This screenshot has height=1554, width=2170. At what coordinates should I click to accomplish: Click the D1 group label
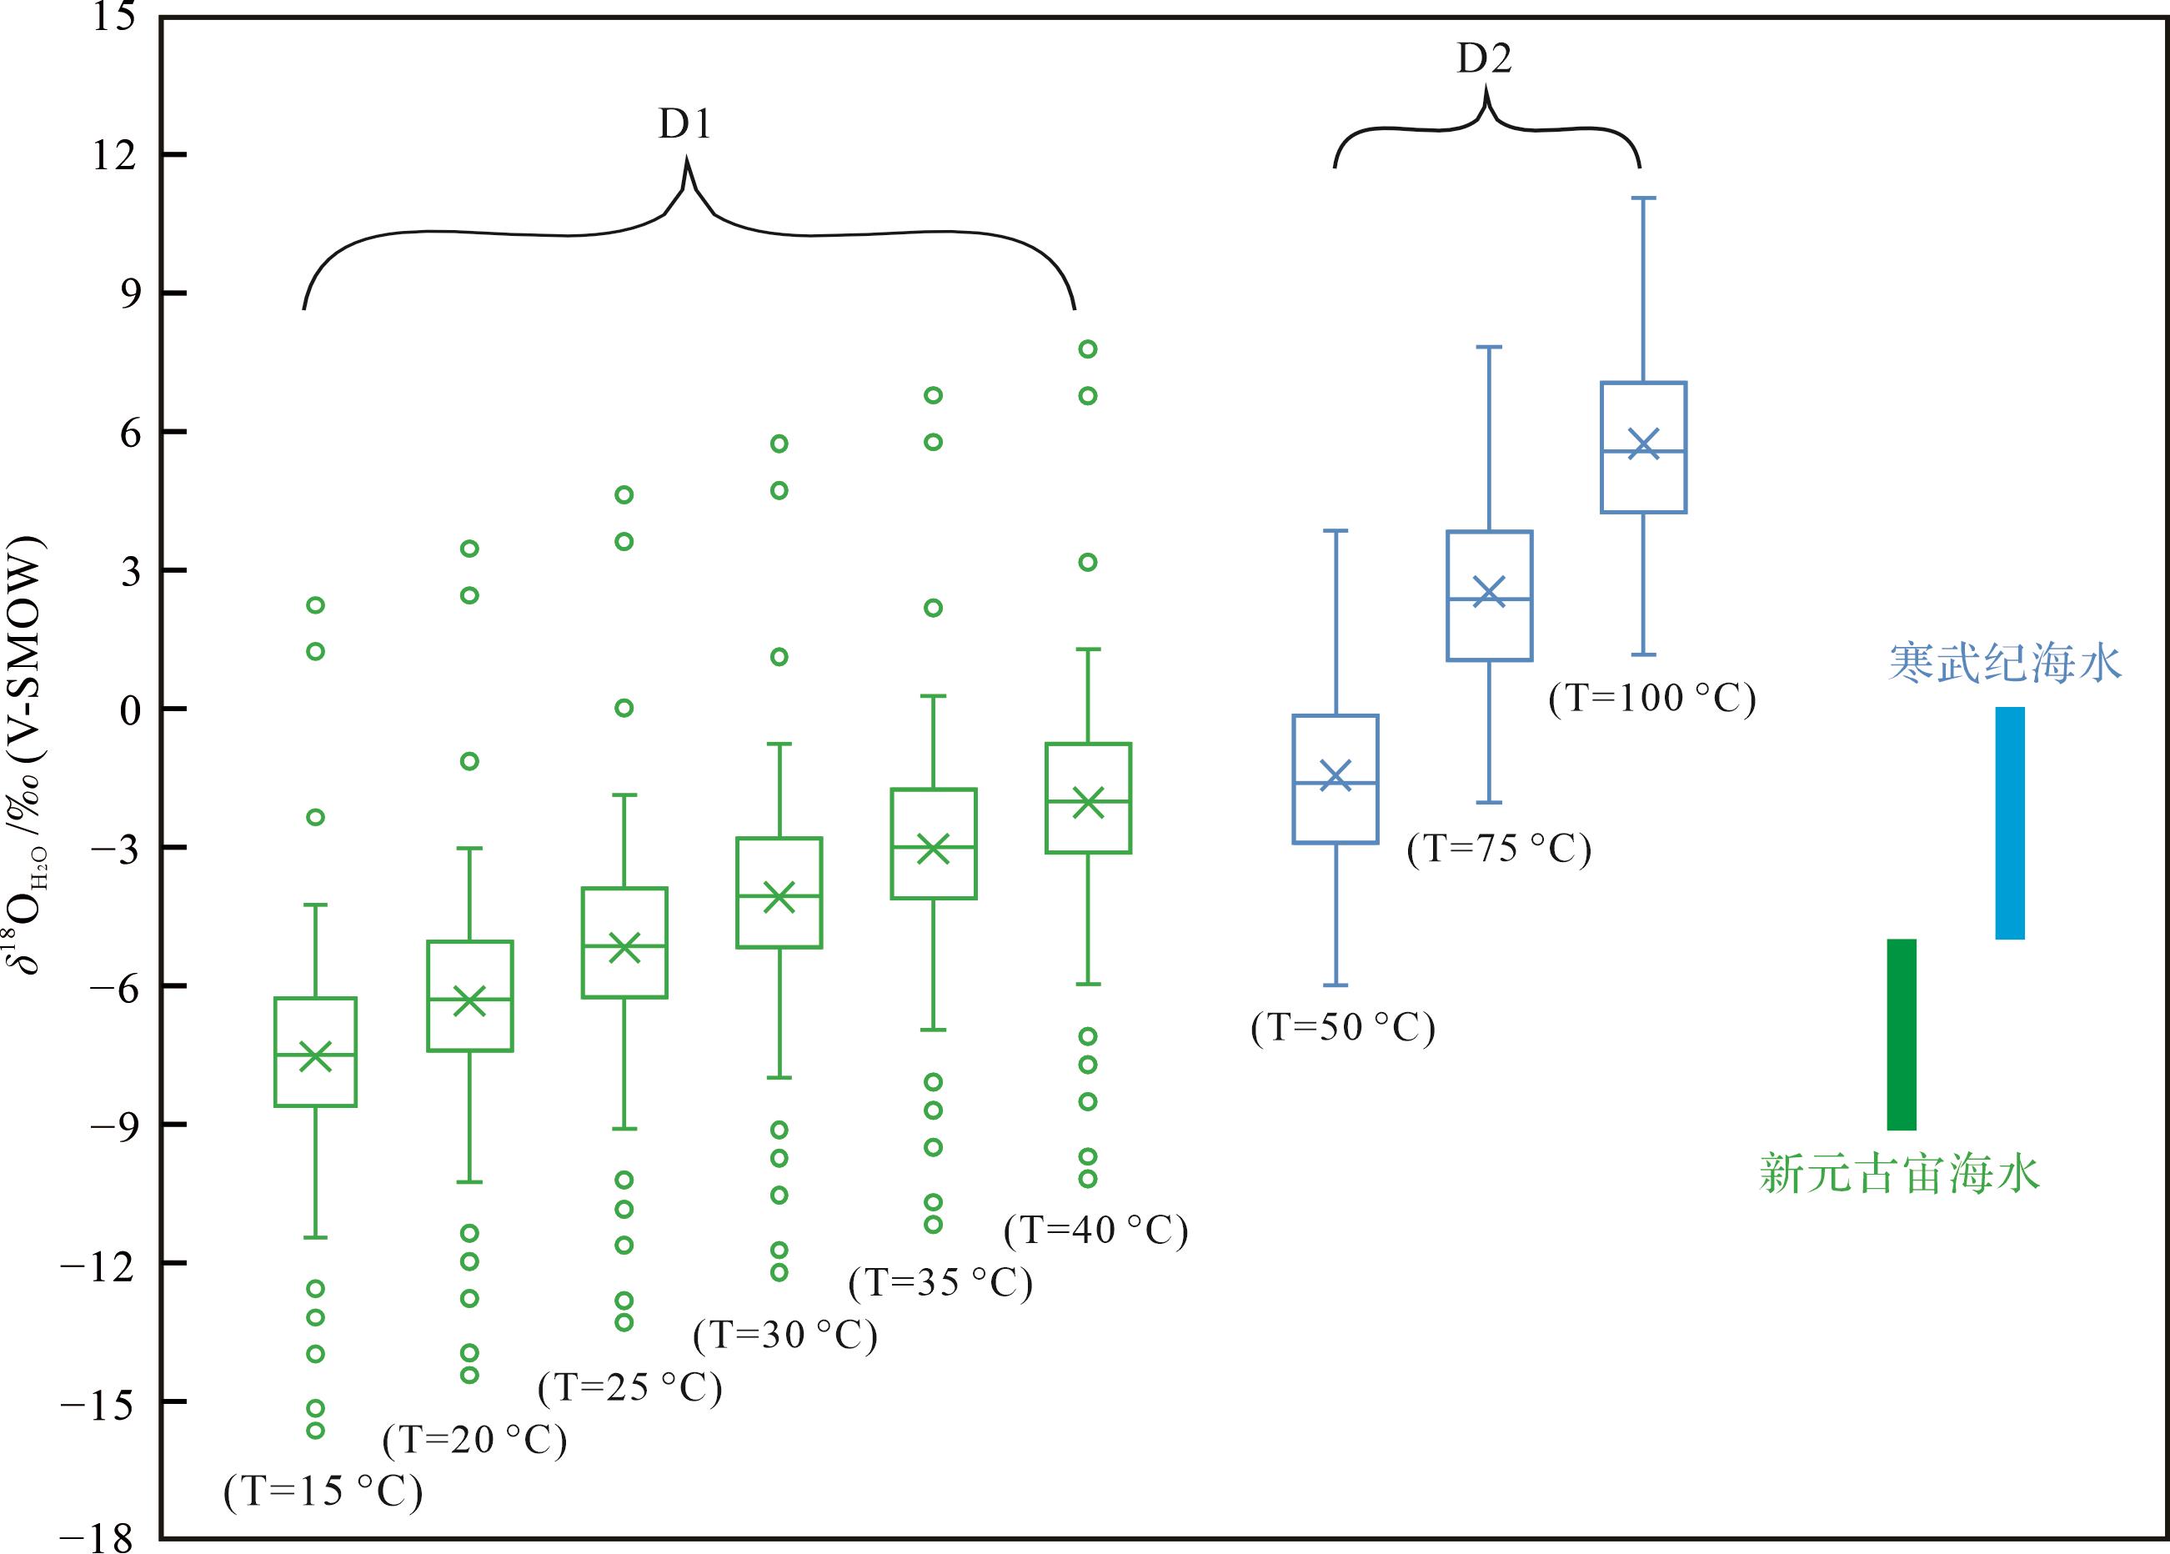[685, 124]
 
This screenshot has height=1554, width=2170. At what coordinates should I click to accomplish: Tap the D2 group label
[1484, 59]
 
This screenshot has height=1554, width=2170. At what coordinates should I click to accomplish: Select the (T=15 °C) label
[323, 1491]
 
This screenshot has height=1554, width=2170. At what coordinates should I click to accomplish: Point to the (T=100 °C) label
[1652, 698]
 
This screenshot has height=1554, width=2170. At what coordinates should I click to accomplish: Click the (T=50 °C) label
[1342, 1028]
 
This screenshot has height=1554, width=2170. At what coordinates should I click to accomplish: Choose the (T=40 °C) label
[1095, 1230]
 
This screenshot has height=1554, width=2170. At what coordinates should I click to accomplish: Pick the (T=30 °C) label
[785, 1335]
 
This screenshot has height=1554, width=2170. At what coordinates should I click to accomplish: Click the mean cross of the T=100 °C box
[1644, 444]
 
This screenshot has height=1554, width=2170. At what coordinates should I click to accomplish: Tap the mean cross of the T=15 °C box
[316, 1056]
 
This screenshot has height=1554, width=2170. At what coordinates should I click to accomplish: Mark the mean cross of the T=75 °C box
[1489, 590]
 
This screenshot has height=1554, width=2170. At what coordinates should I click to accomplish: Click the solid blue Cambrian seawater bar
[2009, 823]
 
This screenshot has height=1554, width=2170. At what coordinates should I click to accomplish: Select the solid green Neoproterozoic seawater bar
[1901, 1035]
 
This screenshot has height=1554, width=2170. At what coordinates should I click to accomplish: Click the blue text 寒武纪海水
[2004, 662]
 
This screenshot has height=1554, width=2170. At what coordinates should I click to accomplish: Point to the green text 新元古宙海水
[1899, 1173]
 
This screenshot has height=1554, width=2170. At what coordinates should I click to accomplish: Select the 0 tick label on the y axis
[129, 710]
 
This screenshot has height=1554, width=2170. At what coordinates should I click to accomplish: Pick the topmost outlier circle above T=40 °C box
[1088, 349]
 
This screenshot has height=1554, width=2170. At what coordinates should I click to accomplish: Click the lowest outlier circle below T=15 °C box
[315, 1431]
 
